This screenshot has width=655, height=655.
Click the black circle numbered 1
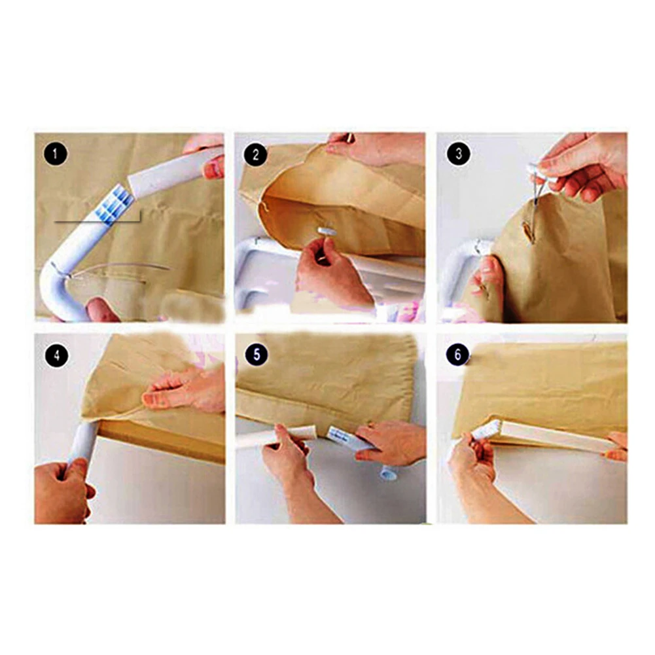[56, 154]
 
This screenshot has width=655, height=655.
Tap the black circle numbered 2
[255, 155]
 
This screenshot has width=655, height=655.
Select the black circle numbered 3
[459, 154]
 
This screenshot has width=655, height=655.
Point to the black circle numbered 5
[257, 355]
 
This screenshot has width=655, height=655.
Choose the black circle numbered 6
[457, 355]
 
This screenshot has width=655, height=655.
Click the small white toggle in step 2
[327, 230]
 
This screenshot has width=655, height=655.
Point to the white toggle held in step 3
[538, 170]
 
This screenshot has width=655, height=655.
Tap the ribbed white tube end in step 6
[485, 431]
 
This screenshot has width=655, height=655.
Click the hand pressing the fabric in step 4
[184, 387]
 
